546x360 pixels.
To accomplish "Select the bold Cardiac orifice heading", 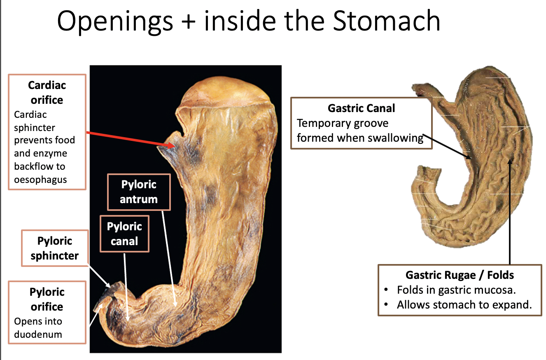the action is (47, 93).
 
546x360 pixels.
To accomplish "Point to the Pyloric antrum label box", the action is (138, 192).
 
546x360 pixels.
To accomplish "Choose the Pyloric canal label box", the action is (124, 234).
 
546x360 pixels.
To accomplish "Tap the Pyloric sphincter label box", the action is (54, 248).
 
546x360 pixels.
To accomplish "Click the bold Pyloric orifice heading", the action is (47, 299).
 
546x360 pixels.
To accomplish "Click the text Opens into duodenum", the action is (38, 328).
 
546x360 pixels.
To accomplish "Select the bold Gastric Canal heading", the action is (361, 108).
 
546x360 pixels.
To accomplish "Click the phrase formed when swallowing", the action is (360, 138).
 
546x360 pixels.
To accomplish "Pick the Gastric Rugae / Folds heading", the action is (460, 275).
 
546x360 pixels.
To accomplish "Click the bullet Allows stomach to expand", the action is (464, 305).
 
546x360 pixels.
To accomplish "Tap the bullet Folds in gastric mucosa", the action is (456, 290).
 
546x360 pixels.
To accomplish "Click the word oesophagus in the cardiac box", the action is (40, 180).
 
